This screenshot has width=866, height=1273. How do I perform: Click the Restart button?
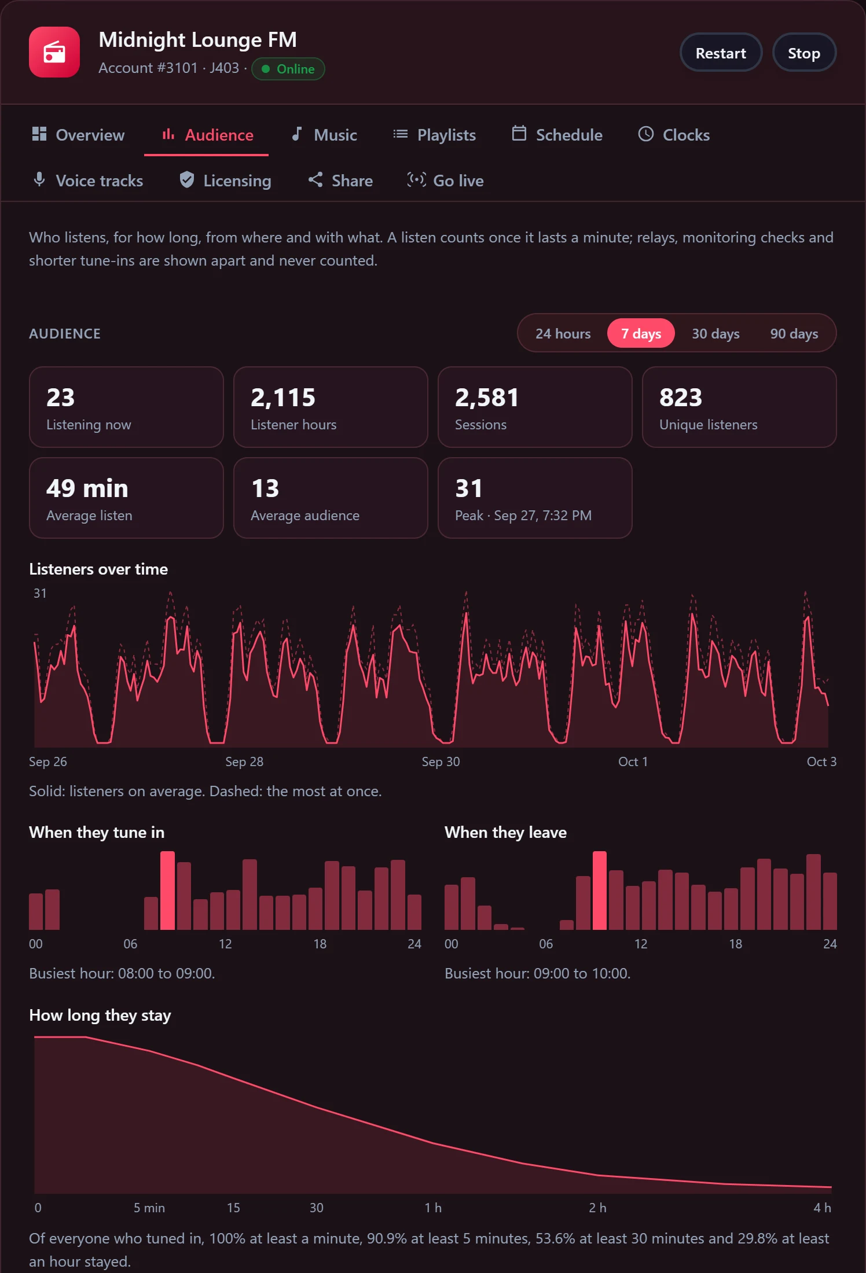[721, 53]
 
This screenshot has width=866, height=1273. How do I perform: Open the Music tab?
[324, 135]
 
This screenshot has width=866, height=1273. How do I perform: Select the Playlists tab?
[434, 135]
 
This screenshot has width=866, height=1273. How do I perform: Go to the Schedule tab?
[557, 135]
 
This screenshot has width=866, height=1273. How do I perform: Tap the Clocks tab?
[674, 135]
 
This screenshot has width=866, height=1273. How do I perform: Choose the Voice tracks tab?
[88, 181]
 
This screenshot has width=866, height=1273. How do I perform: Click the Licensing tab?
[225, 181]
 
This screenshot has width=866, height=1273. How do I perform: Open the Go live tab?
[445, 181]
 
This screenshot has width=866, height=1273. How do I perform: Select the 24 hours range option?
[563, 334]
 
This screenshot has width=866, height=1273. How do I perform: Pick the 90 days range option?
[794, 334]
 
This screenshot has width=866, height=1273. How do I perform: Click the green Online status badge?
[288, 69]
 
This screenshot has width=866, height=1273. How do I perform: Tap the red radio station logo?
[54, 52]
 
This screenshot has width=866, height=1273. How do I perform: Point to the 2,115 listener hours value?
[283, 398]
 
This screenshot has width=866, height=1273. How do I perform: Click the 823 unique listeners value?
[681, 398]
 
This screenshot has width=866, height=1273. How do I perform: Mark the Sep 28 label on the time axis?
[244, 761]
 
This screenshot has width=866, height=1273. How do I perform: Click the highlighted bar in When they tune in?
[167, 891]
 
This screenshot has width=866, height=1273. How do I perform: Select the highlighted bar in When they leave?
[600, 891]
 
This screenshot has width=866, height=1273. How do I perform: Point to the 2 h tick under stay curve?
[597, 1208]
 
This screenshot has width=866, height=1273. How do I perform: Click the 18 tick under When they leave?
[735, 944]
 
